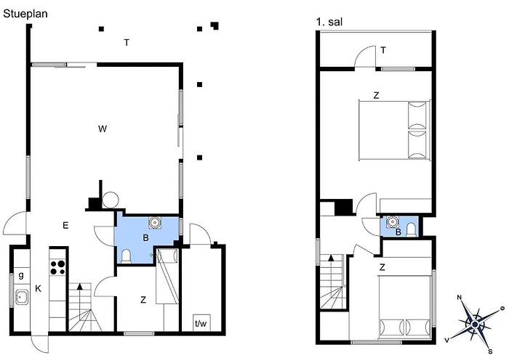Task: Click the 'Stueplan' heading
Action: coord(25,14)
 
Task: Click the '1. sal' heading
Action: coord(329,22)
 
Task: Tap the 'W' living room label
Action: coord(103,129)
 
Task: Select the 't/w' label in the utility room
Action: coord(201,323)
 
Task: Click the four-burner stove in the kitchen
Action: coord(57,267)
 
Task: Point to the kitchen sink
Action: coord(22,297)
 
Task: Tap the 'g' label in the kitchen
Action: coord(21,275)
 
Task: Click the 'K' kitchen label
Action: coord(38,288)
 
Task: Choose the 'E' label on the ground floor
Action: coord(65,225)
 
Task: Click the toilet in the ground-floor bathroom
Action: coord(126,256)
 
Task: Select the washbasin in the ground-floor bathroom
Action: coord(155,222)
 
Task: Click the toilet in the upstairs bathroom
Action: coord(411,229)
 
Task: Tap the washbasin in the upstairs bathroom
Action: coord(393,221)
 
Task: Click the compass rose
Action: coord(475,324)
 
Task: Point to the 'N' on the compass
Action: coord(460,297)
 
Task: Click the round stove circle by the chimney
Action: coord(111,200)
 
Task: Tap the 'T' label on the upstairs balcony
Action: coord(383,50)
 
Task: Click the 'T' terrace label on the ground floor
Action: coord(127,42)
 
